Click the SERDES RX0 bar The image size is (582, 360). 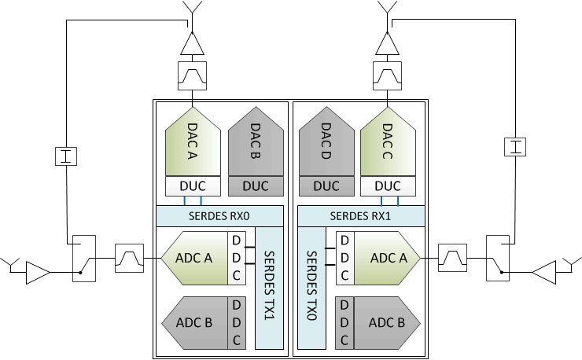coord(219,215)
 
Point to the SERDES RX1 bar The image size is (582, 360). coord(361,215)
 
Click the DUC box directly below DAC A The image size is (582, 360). coord(192,186)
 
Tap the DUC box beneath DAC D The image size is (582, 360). coord(326,186)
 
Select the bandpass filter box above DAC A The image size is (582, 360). coord(192,75)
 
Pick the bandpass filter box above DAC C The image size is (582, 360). coord(387,75)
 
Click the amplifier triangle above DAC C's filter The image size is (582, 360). coord(387,42)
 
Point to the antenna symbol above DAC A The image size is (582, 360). coord(192,11)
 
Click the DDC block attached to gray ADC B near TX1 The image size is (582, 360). coord(237,322)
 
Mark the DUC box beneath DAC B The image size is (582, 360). coord(256,186)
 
